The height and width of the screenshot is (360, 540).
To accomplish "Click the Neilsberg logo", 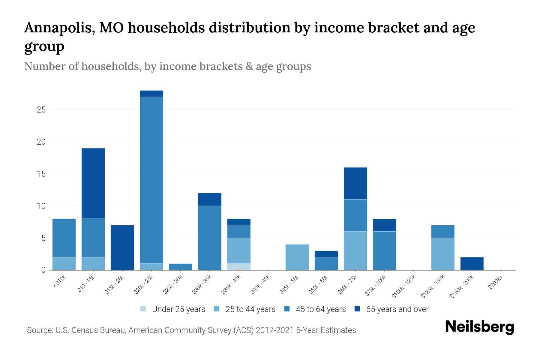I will click(479, 327).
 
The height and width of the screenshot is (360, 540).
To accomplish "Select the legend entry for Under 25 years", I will click(173, 309).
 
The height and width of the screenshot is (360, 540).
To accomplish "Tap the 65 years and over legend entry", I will click(391, 309).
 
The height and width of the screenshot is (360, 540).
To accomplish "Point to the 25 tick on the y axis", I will click(41, 110).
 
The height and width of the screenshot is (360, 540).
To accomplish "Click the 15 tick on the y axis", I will click(41, 174).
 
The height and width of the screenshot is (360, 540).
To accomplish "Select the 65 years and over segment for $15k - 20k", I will click(122, 247).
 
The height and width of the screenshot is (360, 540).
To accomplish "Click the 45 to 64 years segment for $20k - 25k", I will click(151, 180).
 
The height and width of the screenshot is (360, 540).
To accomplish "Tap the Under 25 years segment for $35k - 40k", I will click(239, 267).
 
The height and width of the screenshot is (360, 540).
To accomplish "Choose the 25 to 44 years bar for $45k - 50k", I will click(297, 257).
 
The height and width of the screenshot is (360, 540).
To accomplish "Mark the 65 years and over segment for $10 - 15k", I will click(93, 183).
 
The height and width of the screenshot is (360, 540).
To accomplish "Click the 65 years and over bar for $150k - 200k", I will click(472, 263).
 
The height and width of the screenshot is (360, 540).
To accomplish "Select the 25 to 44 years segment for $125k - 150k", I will click(443, 254).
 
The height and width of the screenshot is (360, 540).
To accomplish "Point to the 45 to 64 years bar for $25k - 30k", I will click(181, 267).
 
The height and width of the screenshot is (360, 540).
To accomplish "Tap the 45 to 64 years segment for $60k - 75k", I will click(355, 215).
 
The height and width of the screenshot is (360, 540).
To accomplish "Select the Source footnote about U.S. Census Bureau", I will click(191, 330).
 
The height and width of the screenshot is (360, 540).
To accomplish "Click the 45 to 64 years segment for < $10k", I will click(64, 238).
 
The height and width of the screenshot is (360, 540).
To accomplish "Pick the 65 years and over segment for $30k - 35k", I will click(210, 199).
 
